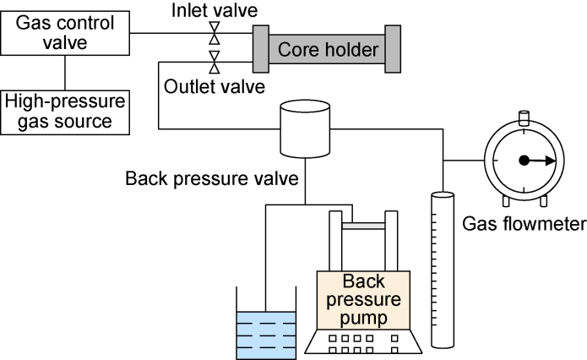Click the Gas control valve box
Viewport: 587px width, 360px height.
[x=66, y=34]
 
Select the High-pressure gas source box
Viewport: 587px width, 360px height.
[x=66, y=112]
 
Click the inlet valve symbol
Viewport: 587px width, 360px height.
[x=215, y=34]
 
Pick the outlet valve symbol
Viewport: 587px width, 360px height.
[x=215, y=62]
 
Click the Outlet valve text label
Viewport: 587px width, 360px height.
[x=215, y=85]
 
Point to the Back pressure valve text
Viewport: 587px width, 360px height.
[x=211, y=179]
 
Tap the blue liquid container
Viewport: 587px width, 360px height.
[x=265, y=334]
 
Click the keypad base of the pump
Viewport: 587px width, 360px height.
[x=362, y=343]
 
